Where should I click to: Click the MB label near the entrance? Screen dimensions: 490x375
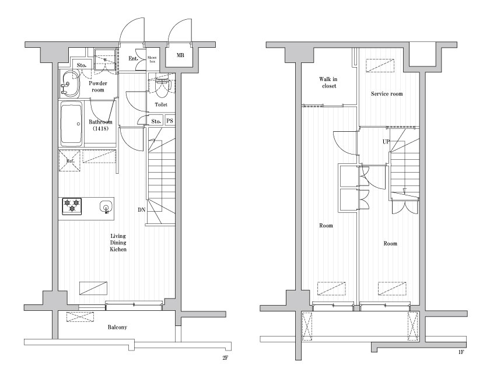coord(180,55)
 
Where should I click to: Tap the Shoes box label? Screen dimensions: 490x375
coord(152,59)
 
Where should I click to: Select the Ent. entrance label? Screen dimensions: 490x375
coord(134,58)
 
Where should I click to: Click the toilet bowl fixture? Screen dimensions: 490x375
coord(162,87)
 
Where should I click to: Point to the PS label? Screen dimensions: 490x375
coord(170,121)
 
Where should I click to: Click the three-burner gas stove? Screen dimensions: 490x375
coord(72,206)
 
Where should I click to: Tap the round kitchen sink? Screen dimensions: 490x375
coord(106,207)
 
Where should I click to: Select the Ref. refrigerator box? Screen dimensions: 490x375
coord(69,160)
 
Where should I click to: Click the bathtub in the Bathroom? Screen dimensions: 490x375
coord(71,124)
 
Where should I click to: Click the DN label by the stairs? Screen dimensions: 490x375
coord(142,210)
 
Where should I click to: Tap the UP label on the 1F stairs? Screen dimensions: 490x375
coord(386,142)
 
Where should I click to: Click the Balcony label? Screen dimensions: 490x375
coord(117,327)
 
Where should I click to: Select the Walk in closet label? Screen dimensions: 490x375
coord(328,82)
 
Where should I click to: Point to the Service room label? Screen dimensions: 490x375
coord(387,94)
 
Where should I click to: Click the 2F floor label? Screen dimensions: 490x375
coord(225,359)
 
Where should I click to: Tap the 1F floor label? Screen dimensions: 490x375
coord(461,352)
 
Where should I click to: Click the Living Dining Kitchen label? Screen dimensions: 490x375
coord(118,243)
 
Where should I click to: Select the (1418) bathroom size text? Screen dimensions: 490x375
coord(100,128)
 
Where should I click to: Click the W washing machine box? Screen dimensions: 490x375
coord(106,60)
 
